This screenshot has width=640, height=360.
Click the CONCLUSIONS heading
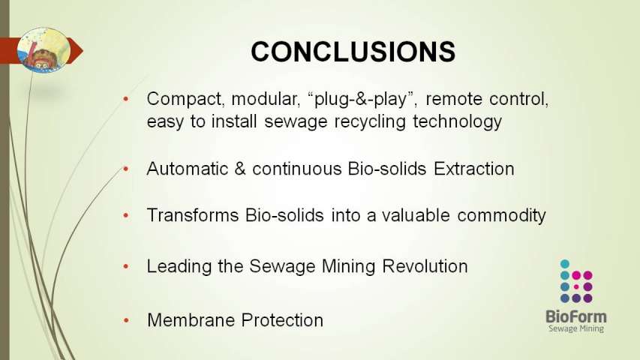coord(353,52)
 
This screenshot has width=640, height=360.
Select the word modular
coord(266,99)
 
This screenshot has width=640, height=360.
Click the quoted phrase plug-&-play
coord(362,99)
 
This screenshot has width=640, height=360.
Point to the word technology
coord(457,121)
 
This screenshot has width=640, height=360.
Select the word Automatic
coord(187,169)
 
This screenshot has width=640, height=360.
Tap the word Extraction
coord(474,169)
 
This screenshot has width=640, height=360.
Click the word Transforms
coord(192,215)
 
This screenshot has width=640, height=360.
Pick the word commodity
coord(502,215)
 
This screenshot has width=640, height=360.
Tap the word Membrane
coord(191,320)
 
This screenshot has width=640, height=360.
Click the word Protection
coord(282,320)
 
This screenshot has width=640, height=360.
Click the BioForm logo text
coord(576,316)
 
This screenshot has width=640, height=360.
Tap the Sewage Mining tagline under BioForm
coord(576,328)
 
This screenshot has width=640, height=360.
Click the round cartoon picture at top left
coord(44,50)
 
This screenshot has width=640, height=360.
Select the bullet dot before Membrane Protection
coord(126,321)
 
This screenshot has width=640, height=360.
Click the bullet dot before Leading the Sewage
coord(126,267)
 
